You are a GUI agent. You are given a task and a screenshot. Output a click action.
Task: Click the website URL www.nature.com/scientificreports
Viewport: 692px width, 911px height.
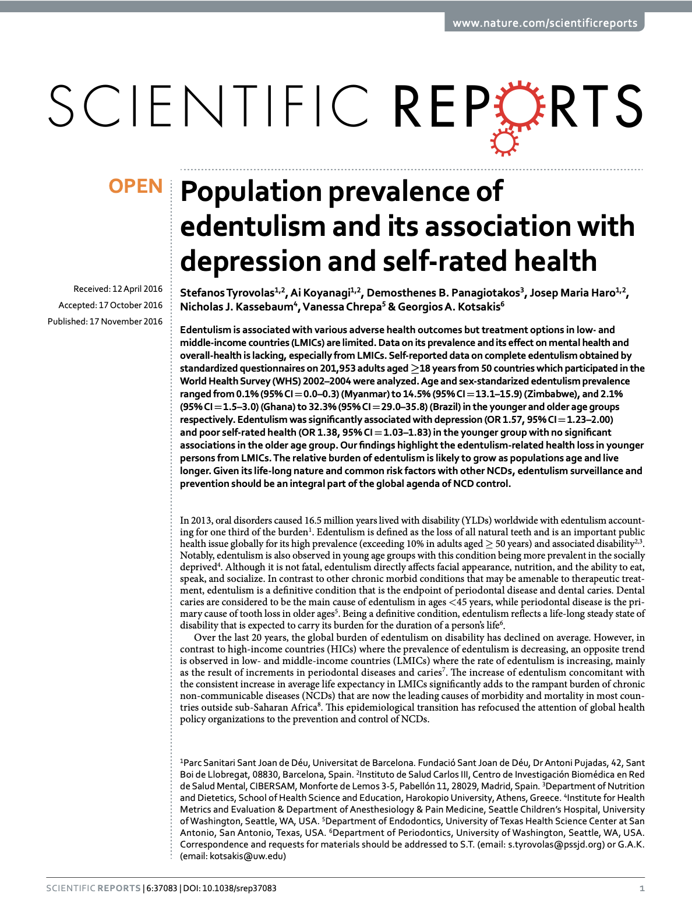545,23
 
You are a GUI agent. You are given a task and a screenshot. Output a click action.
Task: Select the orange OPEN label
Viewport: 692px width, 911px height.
136,186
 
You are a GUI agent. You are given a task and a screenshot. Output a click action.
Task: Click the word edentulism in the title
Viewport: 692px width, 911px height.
253,227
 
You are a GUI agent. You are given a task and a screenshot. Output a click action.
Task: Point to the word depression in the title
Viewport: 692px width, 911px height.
250,261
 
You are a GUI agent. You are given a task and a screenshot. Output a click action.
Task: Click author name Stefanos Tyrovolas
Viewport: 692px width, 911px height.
227,293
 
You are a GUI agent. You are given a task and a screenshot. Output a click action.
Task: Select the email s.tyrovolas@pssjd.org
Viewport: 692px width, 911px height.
556,845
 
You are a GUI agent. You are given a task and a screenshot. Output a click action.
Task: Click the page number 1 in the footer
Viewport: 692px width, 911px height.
642,888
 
